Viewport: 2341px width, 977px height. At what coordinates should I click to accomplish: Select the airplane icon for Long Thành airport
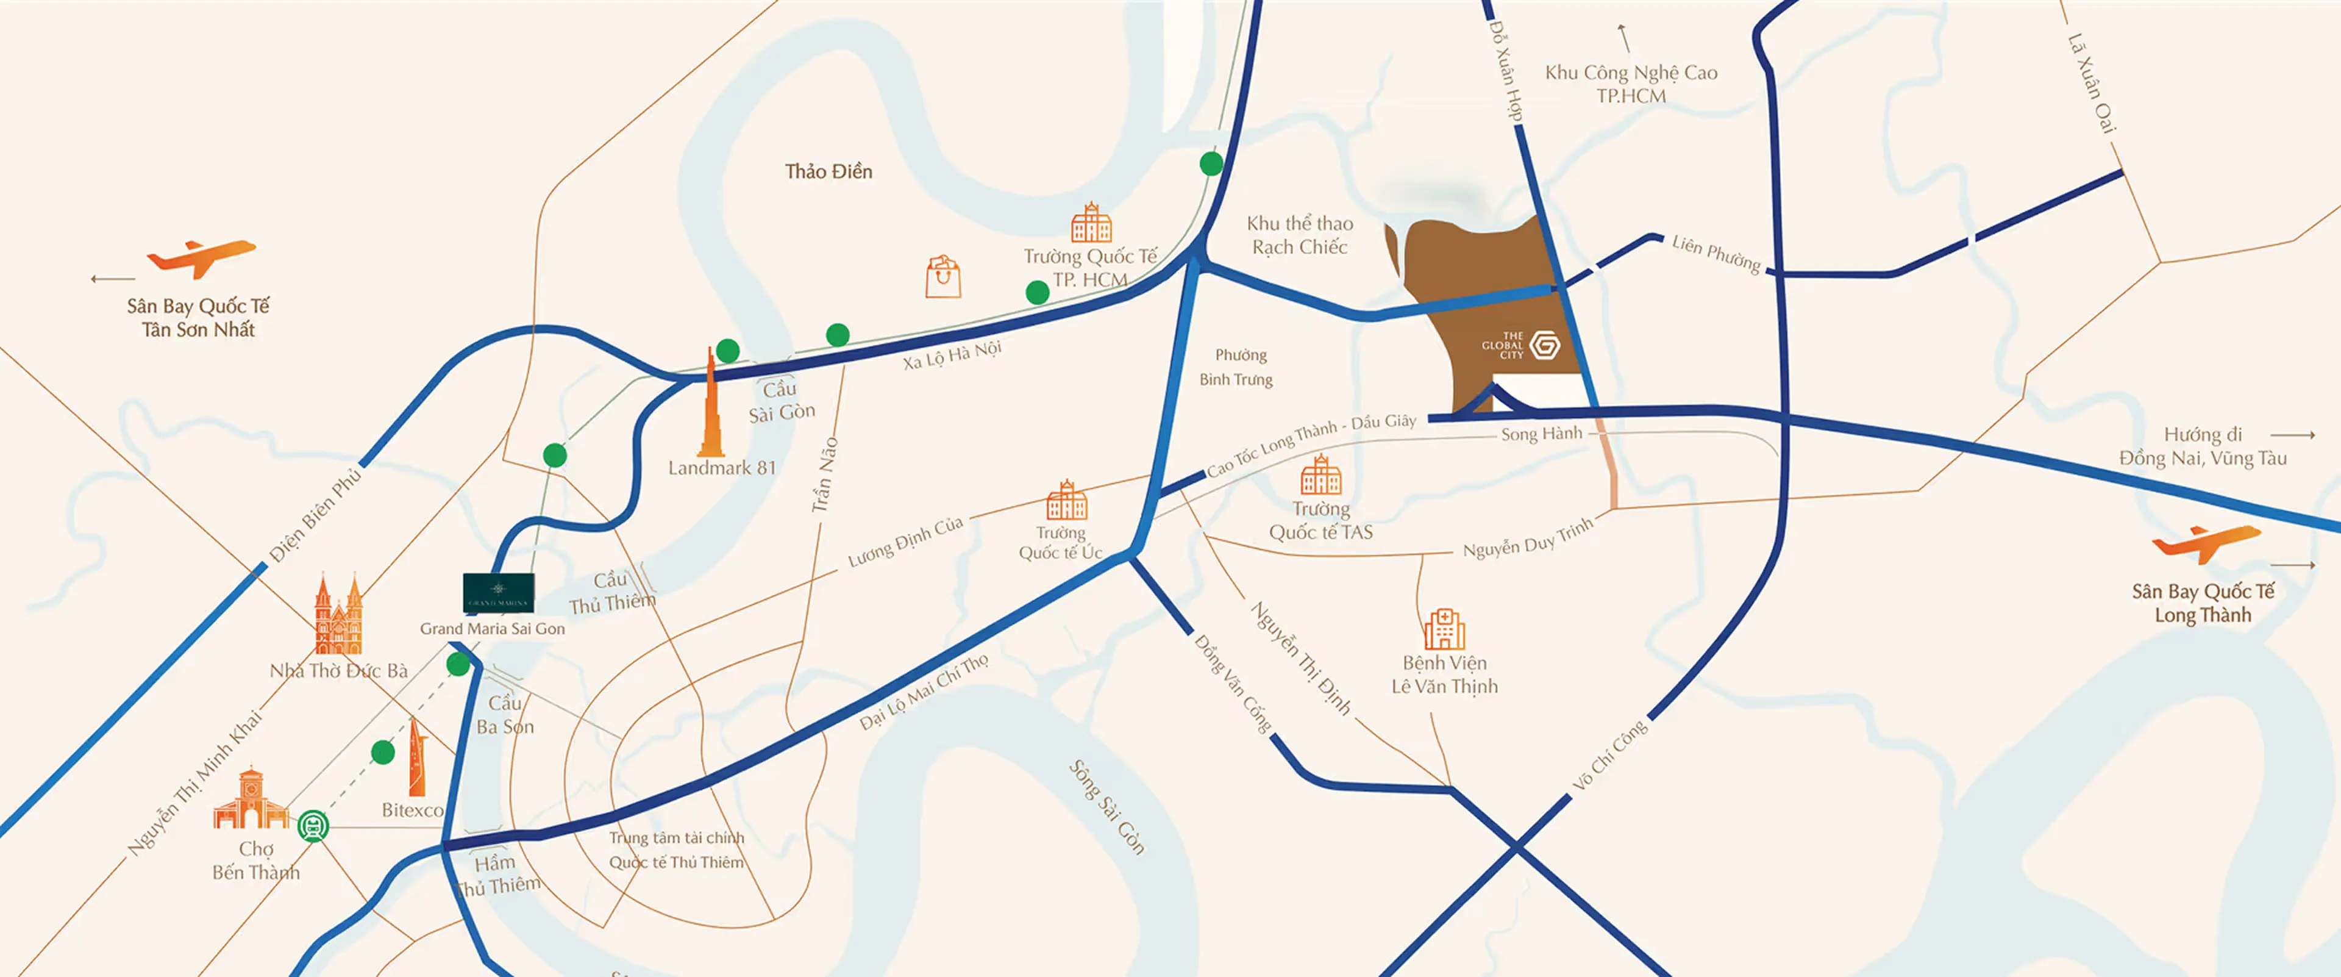coord(2206,543)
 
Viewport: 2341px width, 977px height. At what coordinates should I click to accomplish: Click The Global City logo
coord(1544,345)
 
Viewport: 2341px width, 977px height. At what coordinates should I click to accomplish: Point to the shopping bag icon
coord(942,277)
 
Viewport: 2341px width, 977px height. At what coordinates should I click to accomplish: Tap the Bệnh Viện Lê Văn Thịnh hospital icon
coord(1444,629)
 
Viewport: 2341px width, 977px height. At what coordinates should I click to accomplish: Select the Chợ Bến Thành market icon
coord(250,800)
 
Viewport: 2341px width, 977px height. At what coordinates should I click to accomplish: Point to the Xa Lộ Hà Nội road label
coord(952,354)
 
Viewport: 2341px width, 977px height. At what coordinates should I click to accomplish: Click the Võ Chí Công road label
coord(1609,754)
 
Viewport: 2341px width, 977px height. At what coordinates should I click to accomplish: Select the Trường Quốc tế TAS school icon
coord(1320,474)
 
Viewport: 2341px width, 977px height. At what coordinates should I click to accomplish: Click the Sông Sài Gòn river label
coord(1106,807)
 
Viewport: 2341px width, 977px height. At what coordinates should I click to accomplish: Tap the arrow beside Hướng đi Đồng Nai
coord(2292,435)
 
